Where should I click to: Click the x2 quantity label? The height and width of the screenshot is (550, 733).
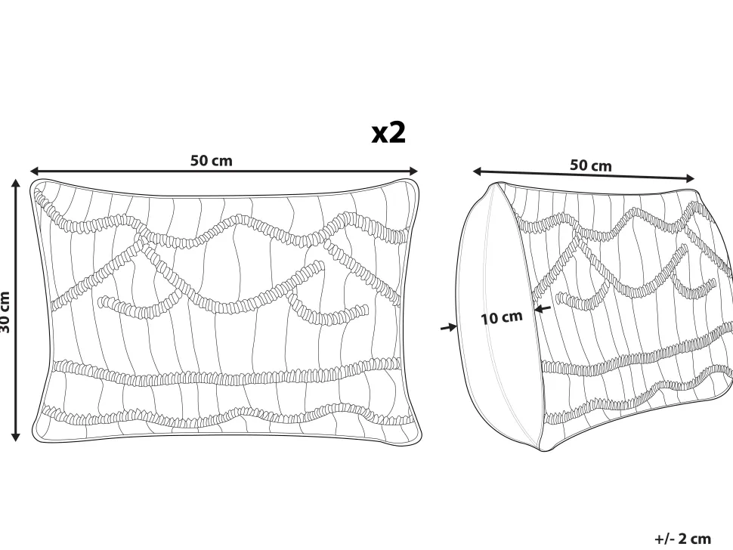pyautogui.click(x=388, y=133)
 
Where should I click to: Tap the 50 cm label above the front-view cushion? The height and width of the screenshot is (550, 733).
pyautogui.click(x=211, y=160)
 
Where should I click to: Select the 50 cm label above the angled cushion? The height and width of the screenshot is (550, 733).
pyautogui.click(x=590, y=165)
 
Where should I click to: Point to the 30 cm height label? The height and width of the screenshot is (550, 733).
pyautogui.click(x=5, y=312)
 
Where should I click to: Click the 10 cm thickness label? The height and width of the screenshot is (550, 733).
pyautogui.click(x=502, y=318)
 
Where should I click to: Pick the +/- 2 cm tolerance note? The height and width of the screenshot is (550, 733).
pyautogui.click(x=682, y=539)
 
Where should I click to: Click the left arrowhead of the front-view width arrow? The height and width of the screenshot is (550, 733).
pyautogui.click(x=35, y=171)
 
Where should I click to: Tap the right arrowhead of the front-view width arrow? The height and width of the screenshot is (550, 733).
pyautogui.click(x=413, y=171)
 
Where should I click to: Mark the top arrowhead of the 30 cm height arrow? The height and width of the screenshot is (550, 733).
pyautogui.click(x=16, y=184)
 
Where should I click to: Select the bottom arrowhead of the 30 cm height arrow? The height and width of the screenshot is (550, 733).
pyautogui.click(x=16, y=437)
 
